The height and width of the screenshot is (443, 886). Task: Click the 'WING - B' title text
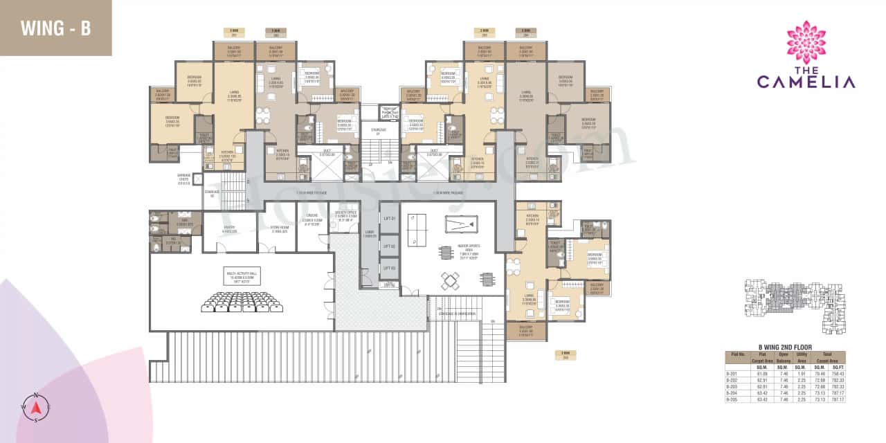55,28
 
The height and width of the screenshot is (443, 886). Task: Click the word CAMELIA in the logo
806,82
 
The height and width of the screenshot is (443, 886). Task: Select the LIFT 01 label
390,219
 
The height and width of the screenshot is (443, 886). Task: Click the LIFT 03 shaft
390,269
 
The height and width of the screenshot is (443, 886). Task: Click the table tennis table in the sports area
418,229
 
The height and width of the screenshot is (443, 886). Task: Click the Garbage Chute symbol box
198,179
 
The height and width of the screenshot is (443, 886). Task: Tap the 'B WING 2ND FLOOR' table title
784,346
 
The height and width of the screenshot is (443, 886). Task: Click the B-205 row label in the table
732,399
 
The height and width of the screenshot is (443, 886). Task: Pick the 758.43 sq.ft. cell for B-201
836,372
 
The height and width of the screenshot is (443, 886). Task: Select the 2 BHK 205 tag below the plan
565,354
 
